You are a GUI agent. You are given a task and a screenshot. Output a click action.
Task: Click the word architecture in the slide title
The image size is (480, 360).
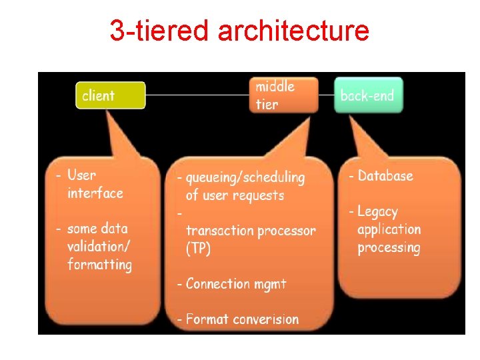coord(293,31)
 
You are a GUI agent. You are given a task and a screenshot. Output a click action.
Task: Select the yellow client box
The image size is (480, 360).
coord(110,95)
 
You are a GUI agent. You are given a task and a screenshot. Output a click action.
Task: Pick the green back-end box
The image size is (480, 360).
coord(368,95)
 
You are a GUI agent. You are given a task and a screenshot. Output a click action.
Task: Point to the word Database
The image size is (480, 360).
coord(385,176)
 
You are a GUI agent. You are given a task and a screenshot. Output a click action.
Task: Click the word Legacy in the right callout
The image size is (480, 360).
coord(377,212)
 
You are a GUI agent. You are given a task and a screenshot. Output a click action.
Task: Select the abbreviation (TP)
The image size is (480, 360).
coord(198,249)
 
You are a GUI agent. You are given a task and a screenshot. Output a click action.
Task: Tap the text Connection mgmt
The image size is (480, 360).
coord(236,284)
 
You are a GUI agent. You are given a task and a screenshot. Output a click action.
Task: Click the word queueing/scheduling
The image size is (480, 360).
coord(245,178)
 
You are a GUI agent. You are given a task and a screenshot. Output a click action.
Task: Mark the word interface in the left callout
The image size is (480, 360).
coord(95,193)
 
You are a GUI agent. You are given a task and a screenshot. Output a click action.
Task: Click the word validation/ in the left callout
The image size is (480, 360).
coord(99,246)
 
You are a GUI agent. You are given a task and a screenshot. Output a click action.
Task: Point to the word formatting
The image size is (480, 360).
coord(99,264)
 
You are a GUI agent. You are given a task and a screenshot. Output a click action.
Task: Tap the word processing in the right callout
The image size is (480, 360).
coord(389,248)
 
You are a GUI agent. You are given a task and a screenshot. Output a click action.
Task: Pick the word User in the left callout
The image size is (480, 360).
coord(81,175)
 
